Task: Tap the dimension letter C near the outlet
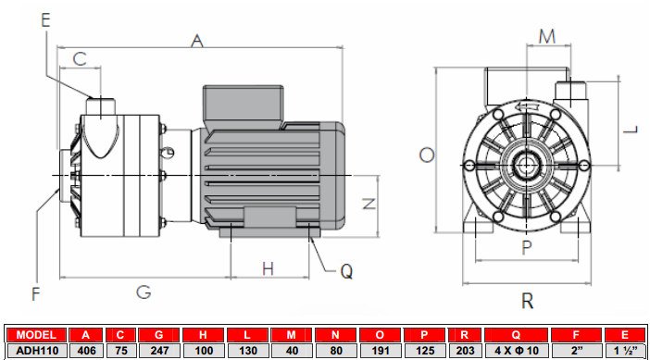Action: coord(80,58)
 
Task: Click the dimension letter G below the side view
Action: coord(144,292)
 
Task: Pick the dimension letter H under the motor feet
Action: coord(268,268)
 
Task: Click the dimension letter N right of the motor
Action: coord(369,204)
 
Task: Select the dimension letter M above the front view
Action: coord(547,36)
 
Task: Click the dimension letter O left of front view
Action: coord(426,155)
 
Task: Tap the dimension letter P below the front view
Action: coord(526,247)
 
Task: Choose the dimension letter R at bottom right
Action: coord(527,300)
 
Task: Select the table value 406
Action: coord(86,350)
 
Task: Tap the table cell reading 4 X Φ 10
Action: coord(516,350)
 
